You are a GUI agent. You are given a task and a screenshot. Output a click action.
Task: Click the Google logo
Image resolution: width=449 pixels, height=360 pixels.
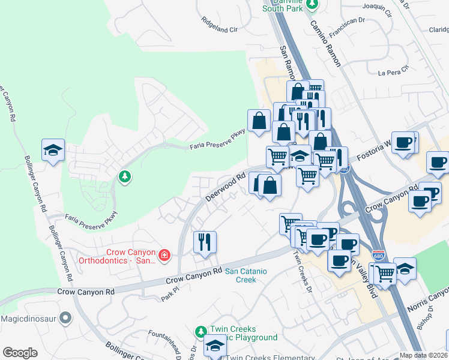20,353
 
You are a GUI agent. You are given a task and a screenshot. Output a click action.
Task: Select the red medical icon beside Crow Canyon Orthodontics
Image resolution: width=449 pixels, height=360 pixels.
164,257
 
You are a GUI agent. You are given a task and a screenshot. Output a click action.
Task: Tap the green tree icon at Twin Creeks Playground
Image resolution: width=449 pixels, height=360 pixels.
201,331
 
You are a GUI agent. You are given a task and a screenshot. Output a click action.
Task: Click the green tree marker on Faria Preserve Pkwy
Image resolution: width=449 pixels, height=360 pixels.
124,176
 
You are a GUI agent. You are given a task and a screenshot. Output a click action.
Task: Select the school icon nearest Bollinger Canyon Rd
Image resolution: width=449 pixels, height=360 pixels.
53,150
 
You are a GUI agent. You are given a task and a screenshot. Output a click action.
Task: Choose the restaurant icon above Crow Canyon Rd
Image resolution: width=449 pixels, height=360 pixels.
205,242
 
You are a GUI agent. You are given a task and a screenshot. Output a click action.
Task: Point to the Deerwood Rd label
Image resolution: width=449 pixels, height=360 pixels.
226,187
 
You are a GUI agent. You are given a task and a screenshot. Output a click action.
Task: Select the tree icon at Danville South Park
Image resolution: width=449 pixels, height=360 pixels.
312,5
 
